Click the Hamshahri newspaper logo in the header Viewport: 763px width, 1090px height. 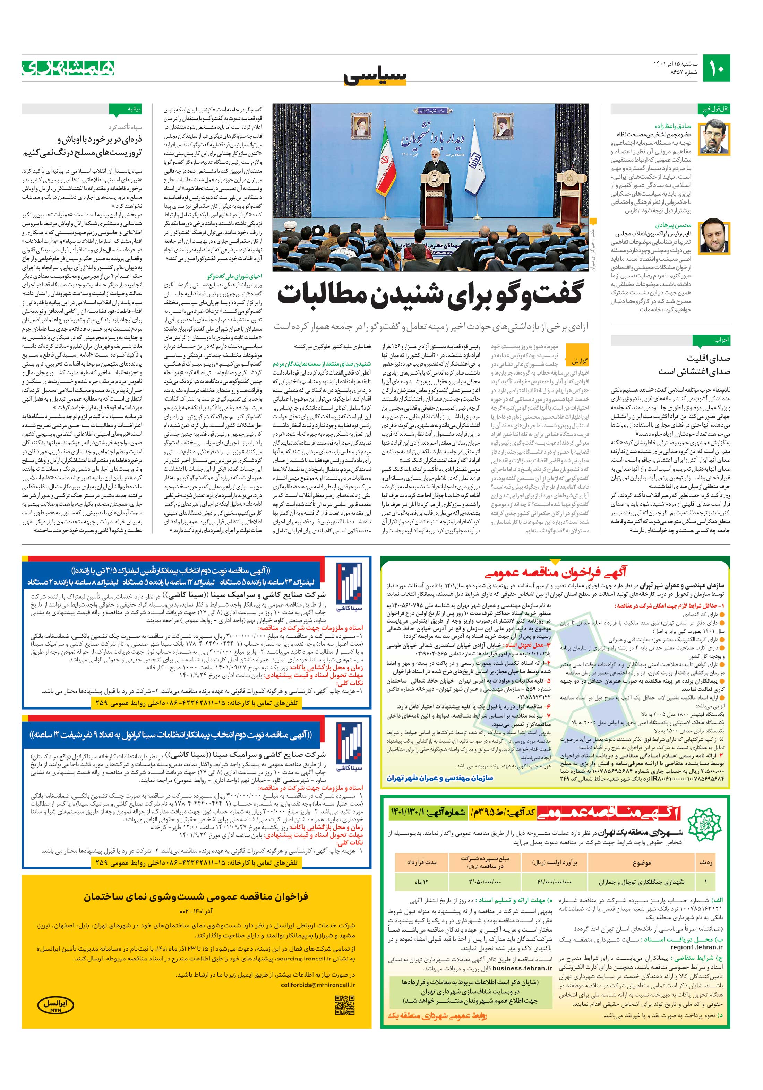coord(68,68)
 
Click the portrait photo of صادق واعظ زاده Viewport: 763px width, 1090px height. coord(717,138)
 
